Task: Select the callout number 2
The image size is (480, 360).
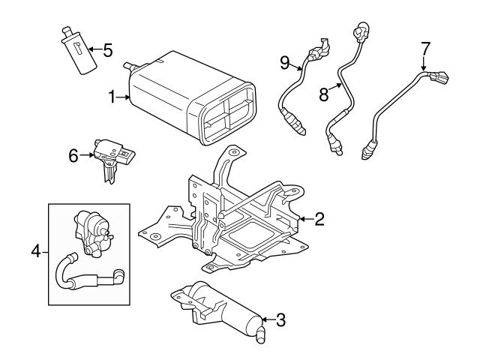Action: pos(319,219)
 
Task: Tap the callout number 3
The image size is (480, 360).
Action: pos(280,320)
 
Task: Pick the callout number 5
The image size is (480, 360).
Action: pos(107,51)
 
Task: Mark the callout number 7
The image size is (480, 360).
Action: pos(425,49)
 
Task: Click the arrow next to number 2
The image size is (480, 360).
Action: pos(304,219)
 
